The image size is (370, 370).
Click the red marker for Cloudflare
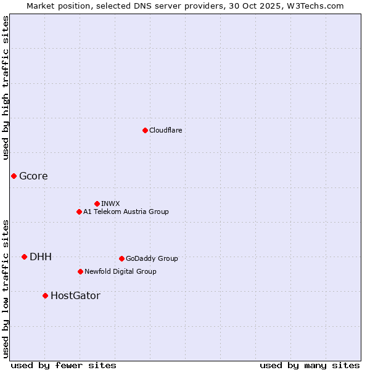145,130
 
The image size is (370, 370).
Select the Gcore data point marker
14,176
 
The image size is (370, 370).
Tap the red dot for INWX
97,203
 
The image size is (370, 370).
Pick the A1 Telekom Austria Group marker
79,212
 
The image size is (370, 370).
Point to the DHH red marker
24,257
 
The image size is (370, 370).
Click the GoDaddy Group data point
121,258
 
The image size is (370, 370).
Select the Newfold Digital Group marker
80,271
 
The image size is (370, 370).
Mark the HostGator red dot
45,295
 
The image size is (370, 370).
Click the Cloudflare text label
165,130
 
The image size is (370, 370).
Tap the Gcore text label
33,176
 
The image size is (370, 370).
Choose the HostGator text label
75,295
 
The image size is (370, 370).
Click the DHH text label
41,257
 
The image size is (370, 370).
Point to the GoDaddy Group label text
152,258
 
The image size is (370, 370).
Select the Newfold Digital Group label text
120,271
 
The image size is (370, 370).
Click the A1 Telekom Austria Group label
126,212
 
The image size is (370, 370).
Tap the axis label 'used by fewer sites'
64,365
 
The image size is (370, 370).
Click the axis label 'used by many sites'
310,365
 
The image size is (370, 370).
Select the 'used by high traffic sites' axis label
6,88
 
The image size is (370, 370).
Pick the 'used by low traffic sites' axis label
6,288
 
